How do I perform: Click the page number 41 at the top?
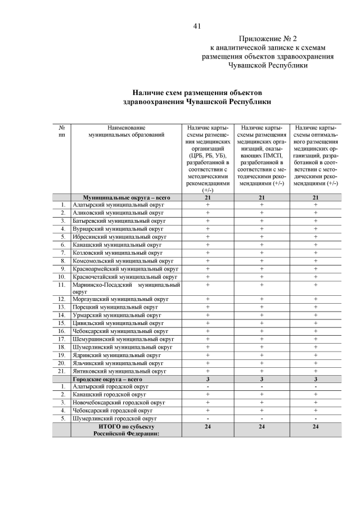[x=197, y=26]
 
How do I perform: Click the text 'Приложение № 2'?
[x=267, y=39]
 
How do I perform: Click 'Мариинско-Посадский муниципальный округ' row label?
[x=126, y=288]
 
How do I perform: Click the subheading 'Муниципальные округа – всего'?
[x=127, y=197]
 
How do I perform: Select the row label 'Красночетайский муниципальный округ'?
[x=125, y=277]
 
